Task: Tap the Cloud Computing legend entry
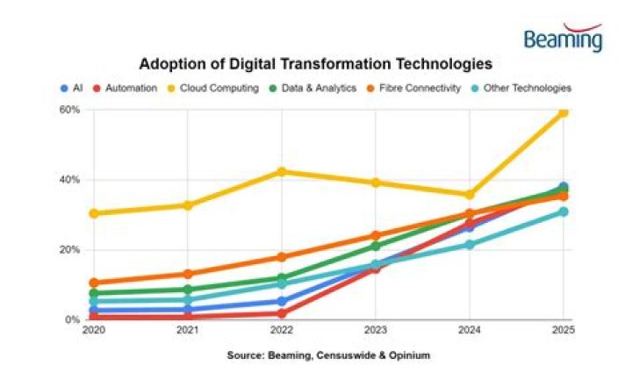pos(215,88)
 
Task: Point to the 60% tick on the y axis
pos(70,110)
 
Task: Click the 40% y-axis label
pos(70,180)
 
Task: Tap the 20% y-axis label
pos(70,250)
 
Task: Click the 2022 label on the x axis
pos(281,331)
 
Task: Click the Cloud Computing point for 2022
pos(281,171)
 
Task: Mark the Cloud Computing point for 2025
pos(564,111)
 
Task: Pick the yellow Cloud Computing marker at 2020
pos(93,213)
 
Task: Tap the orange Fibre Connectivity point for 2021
pos(187,274)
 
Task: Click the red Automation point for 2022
pos(281,313)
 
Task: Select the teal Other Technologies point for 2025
pos(564,211)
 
